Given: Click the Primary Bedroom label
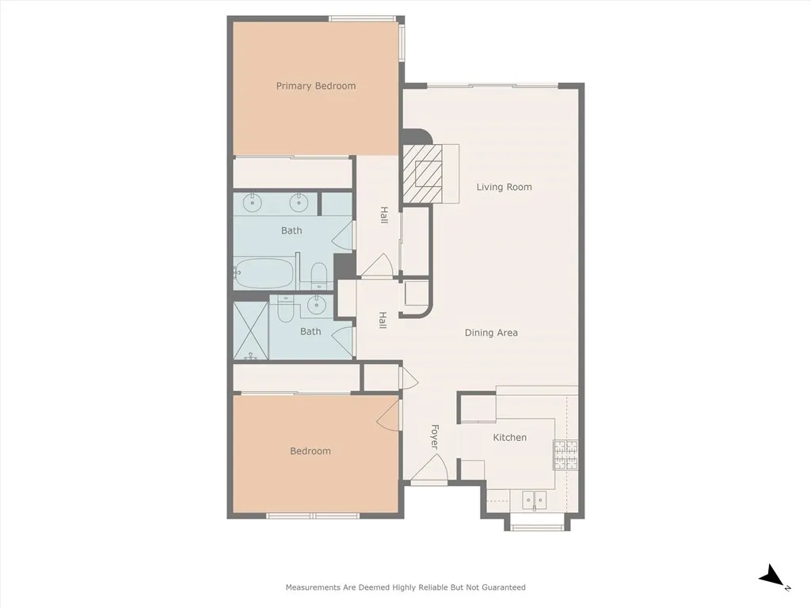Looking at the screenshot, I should click(x=315, y=85).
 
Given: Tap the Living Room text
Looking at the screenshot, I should click(x=504, y=187).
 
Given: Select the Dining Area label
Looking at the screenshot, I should click(x=491, y=332).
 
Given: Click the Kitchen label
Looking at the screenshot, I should click(x=509, y=437).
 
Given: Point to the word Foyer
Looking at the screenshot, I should click(x=434, y=437).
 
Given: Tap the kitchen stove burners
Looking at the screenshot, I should click(x=565, y=454).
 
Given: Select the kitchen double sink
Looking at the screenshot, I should click(x=535, y=500).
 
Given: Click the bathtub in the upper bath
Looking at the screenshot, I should click(x=265, y=273).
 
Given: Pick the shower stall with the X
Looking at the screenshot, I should click(x=251, y=330).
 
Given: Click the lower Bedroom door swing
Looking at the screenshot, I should click(x=389, y=414).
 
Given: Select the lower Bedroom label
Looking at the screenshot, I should click(x=310, y=450).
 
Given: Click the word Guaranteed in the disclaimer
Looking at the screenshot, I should click(x=502, y=587).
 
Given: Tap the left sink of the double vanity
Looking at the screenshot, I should click(x=252, y=203).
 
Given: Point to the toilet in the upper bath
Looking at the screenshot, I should click(x=318, y=275).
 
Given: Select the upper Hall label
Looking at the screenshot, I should click(x=383, y=215).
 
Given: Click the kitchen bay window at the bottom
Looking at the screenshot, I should click(x=536, y=524).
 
